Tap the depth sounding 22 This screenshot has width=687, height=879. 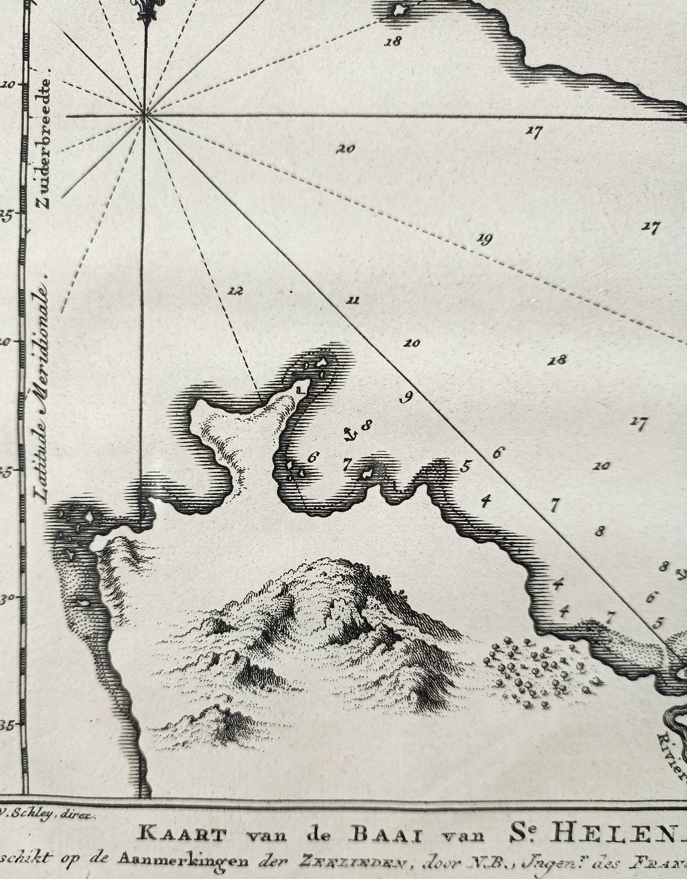coord(236,291)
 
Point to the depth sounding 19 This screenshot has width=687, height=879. coord(484,240)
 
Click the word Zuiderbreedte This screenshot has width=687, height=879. coord(44,143)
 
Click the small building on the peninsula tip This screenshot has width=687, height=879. coord(301,389)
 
